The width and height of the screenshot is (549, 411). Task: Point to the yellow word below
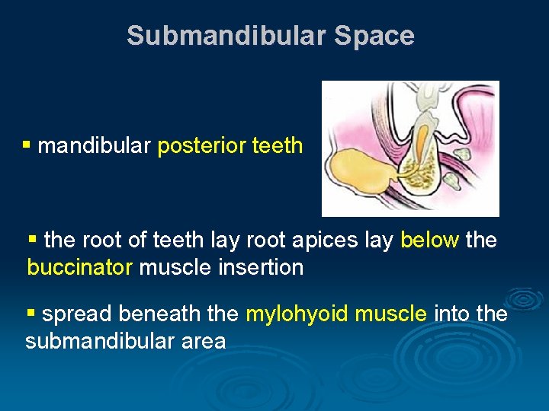[429, 241]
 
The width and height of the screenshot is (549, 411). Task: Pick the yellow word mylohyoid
[294, 314]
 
